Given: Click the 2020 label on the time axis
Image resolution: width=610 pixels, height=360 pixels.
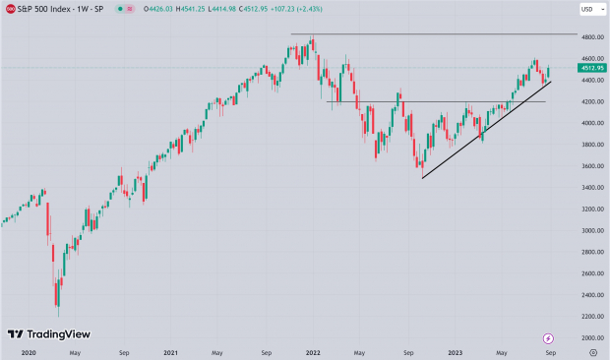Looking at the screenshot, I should tap(28, 351).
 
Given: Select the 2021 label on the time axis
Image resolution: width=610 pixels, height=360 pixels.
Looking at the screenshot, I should tap(171, 351).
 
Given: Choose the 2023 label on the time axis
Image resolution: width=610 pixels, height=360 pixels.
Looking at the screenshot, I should tap(456, 351).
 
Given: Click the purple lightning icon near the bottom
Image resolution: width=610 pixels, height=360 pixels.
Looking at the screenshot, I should tap(548, 337).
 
